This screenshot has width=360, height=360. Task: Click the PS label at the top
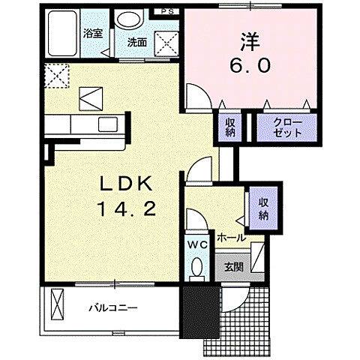point(167,11)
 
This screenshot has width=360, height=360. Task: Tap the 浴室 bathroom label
point(93,33)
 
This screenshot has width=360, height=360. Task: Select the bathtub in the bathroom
point(62,33)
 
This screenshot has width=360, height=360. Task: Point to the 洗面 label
point(137,42)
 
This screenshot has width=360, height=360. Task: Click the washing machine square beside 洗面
point(166,44)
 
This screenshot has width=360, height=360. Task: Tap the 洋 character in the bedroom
point(250,42)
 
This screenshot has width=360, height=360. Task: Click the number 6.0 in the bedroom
point(250,66)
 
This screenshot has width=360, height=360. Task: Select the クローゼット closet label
point(287,127)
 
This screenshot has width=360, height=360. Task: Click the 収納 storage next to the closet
point(230,127)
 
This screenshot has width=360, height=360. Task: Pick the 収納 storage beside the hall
point(263,208)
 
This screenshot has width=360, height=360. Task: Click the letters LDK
point(126,184)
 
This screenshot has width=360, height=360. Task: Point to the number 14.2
point(127,208)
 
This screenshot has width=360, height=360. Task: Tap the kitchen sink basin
point(108,124)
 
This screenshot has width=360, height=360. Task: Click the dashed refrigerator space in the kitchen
point(57,76)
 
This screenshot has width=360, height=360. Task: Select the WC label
point(198,245)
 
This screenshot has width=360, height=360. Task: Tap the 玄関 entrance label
point(234,268)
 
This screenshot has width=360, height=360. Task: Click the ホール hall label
point(231,238)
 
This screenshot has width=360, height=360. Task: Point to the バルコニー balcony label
point(113,307)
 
